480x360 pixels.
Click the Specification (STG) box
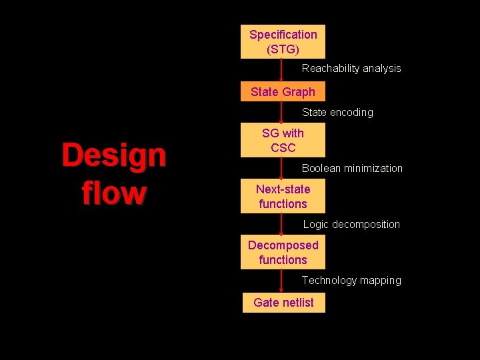283,41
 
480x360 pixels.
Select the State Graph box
283,92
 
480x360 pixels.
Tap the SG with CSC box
283,140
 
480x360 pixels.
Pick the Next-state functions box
283,196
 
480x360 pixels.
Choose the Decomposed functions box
283,252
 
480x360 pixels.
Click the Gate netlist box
283,302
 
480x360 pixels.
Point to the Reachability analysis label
351,69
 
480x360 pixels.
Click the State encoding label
337,113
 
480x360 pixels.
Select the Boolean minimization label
352,169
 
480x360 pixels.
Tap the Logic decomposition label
351,225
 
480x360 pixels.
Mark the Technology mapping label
351,281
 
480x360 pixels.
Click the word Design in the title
113,155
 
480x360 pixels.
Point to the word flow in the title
113,193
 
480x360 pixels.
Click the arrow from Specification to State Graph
281,70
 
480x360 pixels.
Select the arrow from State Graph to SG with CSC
281,112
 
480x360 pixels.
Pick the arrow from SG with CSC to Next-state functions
281,168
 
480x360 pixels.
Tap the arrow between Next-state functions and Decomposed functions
281,224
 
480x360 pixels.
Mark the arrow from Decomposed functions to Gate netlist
281,280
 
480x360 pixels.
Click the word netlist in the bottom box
298,302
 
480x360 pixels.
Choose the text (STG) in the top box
283,49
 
